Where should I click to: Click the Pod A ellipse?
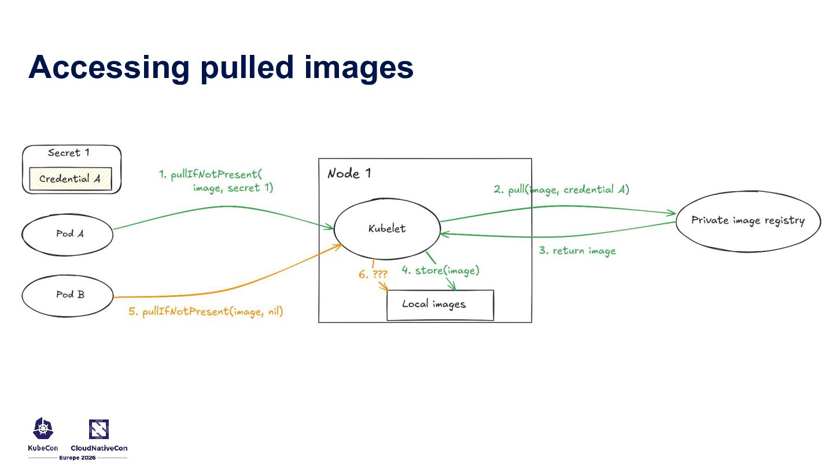pyautogui.click(x=67, y=234)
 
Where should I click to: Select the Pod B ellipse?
pyautogui.click(x=67, y=295)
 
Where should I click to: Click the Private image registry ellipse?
pyautogui.click(x=747, y=221)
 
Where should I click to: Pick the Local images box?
pyautogui.click(x=440, y=304)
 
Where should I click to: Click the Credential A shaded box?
pyautogui.click(x=70, y=179)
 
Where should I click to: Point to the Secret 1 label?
pyautogui.click(x=68, y=153)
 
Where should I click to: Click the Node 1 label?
pyautogui.click(x=349, y=173)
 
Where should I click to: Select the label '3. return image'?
pyautogui.click(x=577, y=251)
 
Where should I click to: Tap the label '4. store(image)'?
pyautogui.click(x=441, y=270)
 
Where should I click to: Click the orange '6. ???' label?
pyautogui.click(x=373, y=274)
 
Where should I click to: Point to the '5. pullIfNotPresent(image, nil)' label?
pyautogui.click(x=205, y=312)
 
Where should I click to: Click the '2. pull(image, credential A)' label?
pyautogui.click(x=561, y=190)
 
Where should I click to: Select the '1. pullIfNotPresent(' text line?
pyautogui.click(x=211, y=174)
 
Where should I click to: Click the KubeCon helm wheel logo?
pyautogui.click(x=43, y=429)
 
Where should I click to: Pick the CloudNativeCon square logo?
pyautogui.click(x=99, y=429)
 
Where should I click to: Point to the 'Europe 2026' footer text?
pyautogui.click(x=78, y=458)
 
